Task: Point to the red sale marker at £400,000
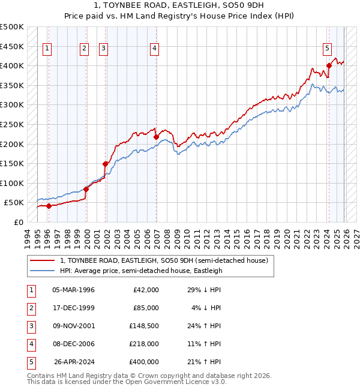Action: [x=329, y=66]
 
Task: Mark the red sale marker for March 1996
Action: [x=49, y=206]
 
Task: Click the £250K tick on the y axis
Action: [x=12, y=124]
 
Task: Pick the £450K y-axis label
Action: [x=12, y=46]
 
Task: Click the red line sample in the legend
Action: [x=42, y=261]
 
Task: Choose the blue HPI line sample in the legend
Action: [x=42, y=271]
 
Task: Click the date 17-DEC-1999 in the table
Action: [x=73, y=308]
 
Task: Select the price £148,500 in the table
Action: [x=144, y=326]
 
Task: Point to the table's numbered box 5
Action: [x=30, y=362]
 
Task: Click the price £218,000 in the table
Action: [x=144, y=344]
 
